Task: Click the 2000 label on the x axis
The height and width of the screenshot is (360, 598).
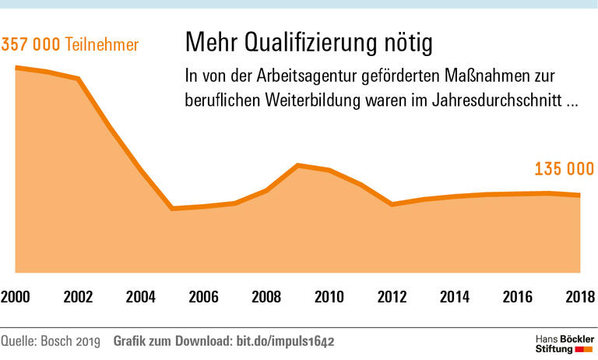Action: coord(16,297)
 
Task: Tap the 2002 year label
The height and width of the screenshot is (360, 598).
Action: coord(78,297)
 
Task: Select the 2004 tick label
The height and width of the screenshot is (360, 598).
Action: coord(141,297)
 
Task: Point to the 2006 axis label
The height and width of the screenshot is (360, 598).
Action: coord(203,297)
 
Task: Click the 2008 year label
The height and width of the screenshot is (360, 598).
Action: coord(266,297)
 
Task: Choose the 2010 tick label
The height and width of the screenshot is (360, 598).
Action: coord(329,297)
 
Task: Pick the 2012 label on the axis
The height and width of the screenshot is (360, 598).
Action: coord(392,297)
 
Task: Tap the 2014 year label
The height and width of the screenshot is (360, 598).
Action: coord(454,297)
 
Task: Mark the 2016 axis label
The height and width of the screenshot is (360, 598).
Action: coord(517,297)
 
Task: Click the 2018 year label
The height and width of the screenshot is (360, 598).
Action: coord(579,297)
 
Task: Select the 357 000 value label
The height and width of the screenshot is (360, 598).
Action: coord(31,44)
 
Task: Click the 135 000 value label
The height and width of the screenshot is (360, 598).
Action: coord(565,169)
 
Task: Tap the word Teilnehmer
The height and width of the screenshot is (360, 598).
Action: coord(102,44)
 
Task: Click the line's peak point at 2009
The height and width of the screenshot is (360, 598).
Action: coord(297,165)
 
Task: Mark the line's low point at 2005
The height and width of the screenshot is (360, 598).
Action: coord(172,209)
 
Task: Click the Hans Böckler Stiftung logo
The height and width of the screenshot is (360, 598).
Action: coord(565,343)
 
